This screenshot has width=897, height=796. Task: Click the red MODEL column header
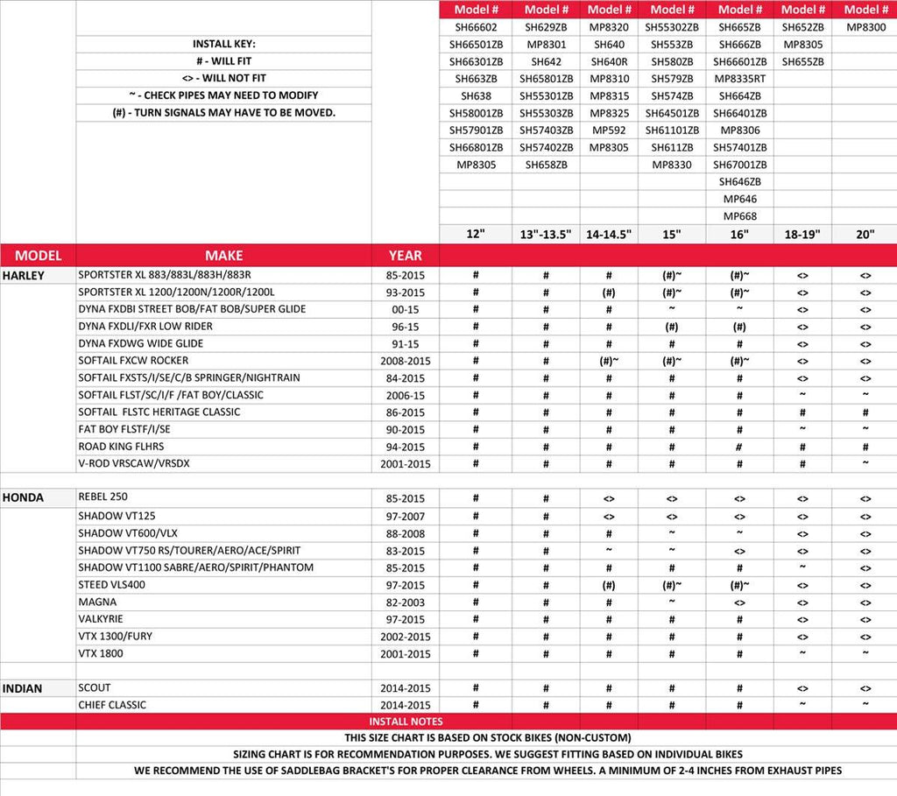(38, 256)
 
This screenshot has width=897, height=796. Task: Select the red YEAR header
(405, 256)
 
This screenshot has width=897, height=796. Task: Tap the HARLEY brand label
(24, 275)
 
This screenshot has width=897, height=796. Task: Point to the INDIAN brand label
(22, 688)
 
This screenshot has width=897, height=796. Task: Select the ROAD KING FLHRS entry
(121, 447)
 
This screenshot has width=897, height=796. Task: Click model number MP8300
(865, 27)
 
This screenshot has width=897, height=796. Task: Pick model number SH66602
(475, 27)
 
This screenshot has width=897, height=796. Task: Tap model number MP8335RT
(740, 79)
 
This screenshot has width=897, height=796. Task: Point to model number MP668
(740, 216)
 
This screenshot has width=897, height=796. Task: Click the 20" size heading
(865, 234)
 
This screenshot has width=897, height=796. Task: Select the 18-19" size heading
(802, 234)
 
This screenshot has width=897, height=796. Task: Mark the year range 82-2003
(405, 602)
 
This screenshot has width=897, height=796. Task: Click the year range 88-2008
(405, 533)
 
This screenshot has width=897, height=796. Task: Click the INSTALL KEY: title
(223, 45)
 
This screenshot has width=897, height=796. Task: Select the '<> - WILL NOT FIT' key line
(223, 79)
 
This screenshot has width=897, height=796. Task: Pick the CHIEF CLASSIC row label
(112, 705)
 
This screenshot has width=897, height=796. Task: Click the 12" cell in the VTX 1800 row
(475, 654)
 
